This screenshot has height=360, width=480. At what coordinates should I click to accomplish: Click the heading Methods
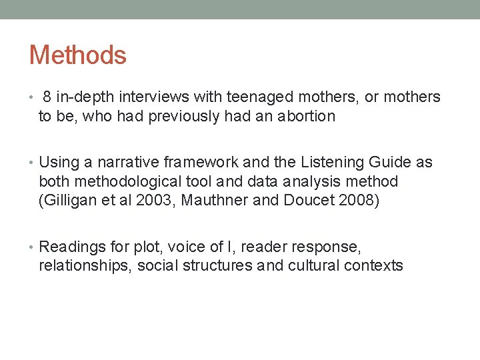[x=77, y=55]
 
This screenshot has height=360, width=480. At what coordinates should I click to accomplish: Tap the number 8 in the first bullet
[x=47, y=97]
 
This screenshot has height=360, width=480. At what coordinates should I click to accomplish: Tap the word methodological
[x=131, y=181]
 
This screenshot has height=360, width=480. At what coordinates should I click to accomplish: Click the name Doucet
[x=316, y=200]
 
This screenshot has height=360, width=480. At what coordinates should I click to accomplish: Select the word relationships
[x=85, y=266]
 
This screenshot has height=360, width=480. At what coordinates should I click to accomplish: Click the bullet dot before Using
[x=33, y=163]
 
